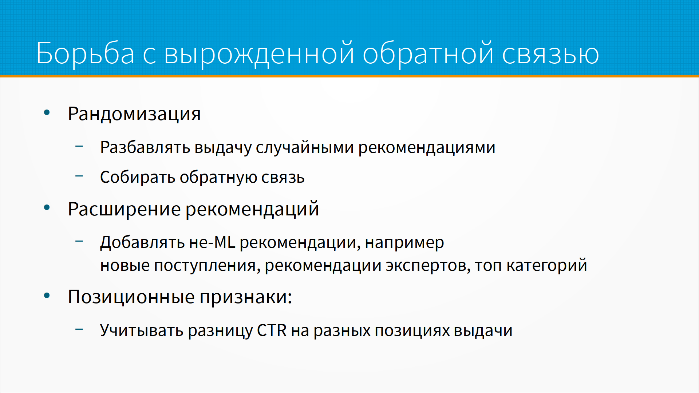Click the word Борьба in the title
point(86,54)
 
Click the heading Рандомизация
point(134,114)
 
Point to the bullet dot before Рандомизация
point(47,112)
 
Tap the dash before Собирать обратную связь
point(79,176)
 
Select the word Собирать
point(138,177)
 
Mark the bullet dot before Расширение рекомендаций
point(47,208)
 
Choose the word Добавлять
point(143,243)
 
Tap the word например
point(404,243)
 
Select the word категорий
point(547,265)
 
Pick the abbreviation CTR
point(272,330)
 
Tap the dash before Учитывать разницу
point(79,329)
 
